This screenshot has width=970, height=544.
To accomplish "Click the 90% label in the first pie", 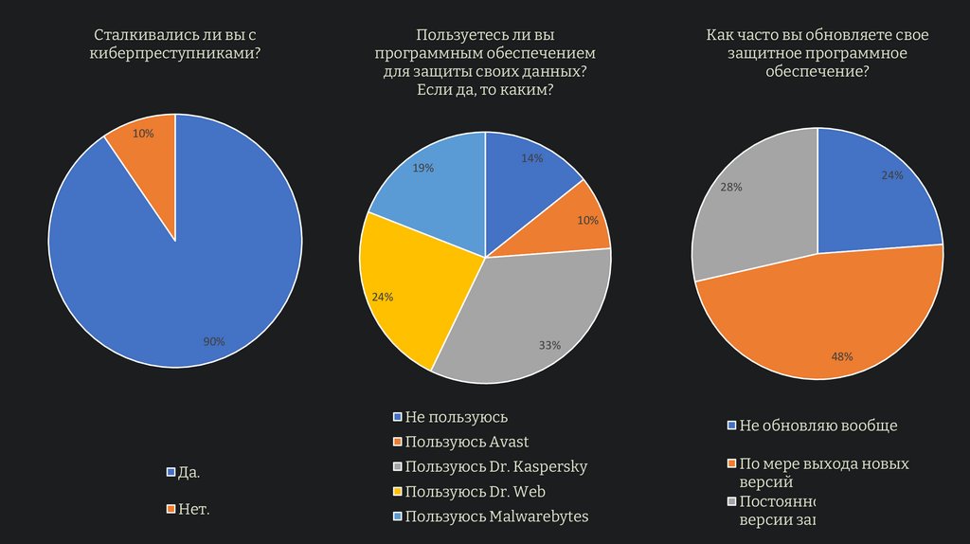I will [214, 341].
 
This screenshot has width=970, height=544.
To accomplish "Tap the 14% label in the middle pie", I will [531, 158].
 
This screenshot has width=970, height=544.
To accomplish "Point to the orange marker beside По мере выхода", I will [732, 464].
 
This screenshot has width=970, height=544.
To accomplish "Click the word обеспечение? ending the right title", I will [817, 71].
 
